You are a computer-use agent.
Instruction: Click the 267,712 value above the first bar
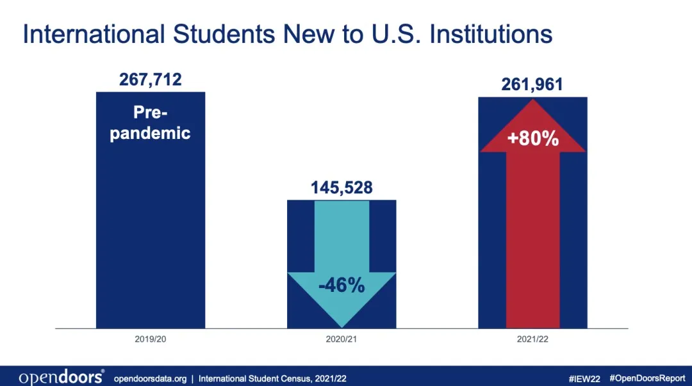(151, 80)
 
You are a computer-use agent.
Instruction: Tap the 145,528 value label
(342, 188)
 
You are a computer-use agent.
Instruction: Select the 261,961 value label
(532, 84)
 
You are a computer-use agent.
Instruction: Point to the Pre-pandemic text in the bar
(151, 123)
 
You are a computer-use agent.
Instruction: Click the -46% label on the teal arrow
(342, 285)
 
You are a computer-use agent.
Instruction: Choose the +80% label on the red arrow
(532, 138)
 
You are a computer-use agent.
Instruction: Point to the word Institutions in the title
(491, 35)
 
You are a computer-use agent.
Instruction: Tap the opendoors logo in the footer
(62, 378)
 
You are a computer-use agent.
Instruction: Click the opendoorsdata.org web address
(150, 378)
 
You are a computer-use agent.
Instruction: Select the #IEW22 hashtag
(584, 378)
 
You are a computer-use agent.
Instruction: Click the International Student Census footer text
(273, 378)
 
